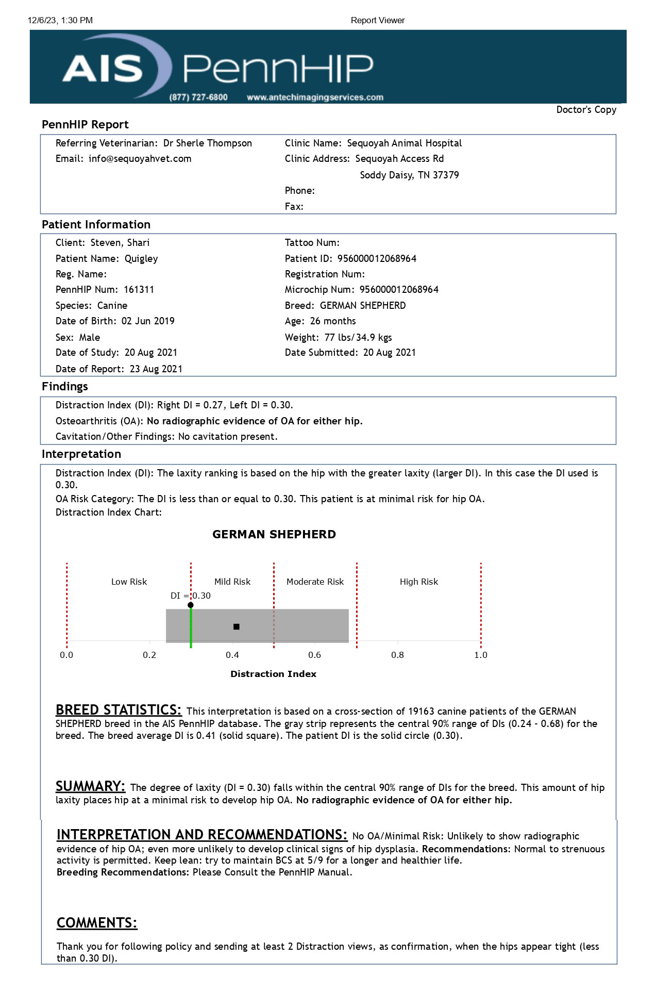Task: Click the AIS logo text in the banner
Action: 103,69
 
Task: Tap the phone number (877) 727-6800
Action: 198,97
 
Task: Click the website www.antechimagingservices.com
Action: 315,97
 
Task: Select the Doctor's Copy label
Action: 586,110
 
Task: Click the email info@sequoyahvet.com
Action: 140,159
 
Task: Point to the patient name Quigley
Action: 141,259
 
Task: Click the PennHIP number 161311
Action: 139,290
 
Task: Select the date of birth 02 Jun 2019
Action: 148,321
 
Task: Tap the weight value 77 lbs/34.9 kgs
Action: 358,338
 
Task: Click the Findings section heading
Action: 65,387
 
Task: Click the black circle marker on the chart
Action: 191,605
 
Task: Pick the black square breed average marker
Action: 237,627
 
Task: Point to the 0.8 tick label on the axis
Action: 397,655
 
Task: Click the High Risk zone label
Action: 419,582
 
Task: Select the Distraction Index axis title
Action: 273,674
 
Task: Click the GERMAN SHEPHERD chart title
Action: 274,535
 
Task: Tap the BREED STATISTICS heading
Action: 119,711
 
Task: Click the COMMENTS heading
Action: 97,923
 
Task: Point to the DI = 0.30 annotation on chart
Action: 191,596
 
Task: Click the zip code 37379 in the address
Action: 446,175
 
